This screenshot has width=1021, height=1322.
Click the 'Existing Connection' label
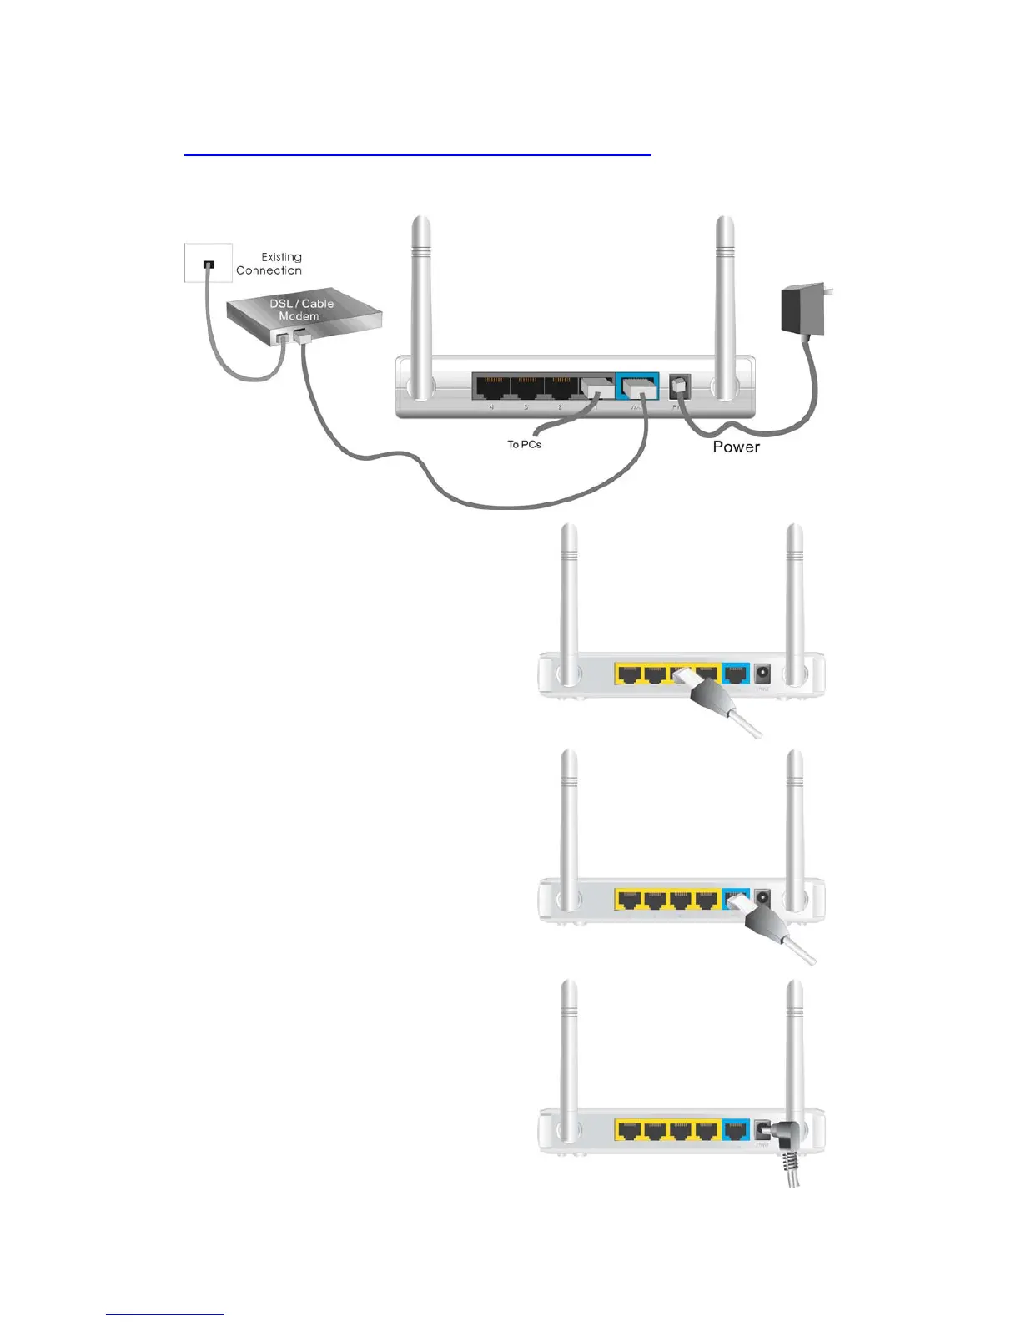click(x=269, y=264)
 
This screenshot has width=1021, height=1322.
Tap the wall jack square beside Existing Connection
click(x=208, y=264)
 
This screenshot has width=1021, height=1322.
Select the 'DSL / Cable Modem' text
click(x=300, y=310)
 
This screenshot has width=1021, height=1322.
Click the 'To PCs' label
click(x=524, y=445)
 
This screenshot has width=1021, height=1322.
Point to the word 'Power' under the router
click(x=736, y=447)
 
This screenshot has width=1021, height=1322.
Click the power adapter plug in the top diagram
click(x=802, y=310)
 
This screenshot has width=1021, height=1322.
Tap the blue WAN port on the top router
click(x=638, y=387)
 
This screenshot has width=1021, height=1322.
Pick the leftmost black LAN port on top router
click(x=491, y=387)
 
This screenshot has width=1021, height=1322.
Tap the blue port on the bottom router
click(x=735, y=1131)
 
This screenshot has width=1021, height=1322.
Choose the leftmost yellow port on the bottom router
click(x=630, y=1131)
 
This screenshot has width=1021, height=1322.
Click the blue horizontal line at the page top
click(x=417, y=154)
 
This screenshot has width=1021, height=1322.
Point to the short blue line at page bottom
click(x=165, y=1315)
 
